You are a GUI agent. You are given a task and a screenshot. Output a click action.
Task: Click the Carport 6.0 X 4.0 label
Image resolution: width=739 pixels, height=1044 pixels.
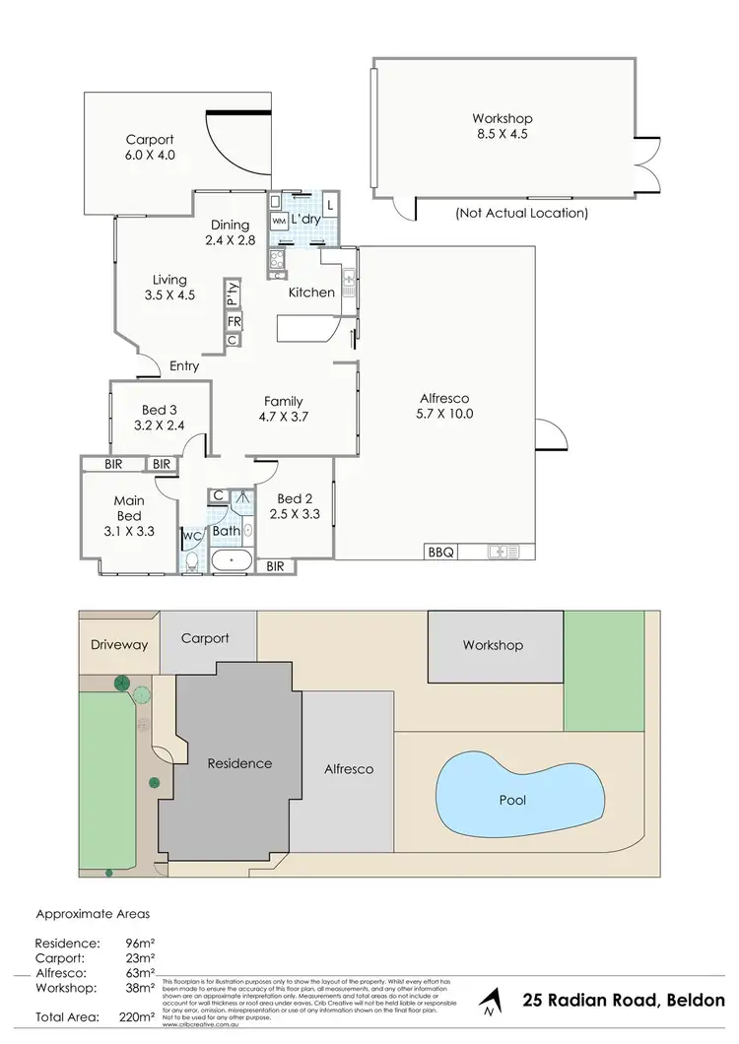coord(149,149)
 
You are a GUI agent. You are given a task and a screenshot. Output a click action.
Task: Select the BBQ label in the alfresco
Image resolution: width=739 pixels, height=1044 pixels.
coord(440,553)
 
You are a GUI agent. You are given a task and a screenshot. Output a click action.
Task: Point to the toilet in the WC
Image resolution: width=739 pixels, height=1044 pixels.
coord(190,562)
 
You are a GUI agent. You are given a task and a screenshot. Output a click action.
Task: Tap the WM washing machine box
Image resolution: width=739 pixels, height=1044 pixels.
coord(279,223)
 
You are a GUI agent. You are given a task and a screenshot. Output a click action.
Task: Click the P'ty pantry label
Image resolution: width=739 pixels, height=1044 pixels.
coord(233,294)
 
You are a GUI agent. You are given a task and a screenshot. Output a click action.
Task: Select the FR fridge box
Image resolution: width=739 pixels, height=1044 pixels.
coord(234,322)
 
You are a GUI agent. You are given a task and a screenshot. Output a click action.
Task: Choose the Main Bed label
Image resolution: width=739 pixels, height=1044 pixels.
coord(129,508)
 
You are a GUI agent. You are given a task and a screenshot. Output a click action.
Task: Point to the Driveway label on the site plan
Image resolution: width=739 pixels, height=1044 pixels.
coord(119,645)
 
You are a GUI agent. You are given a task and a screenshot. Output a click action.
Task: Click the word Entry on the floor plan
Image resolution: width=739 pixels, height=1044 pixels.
coord(184,366)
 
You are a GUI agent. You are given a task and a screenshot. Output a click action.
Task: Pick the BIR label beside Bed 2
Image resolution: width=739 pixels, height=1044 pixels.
coord(275,566)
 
